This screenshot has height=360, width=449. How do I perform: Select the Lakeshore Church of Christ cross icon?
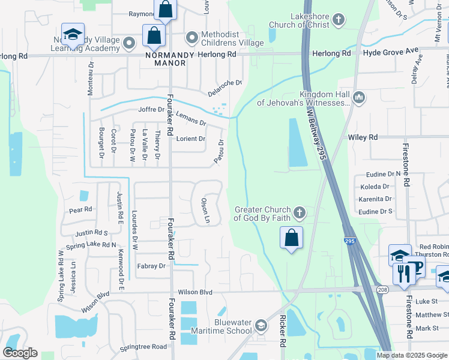click(x=339, y=20)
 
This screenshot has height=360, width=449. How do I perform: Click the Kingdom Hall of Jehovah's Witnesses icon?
click(x=359, y=97)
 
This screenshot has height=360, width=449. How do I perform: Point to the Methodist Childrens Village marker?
click(x=192, y=38)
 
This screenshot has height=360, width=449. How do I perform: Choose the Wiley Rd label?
click(x=363, y=137)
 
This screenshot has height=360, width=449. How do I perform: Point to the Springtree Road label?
click(x=143, y=347)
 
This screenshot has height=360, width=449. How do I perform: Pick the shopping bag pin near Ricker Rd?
click(x=291, y=238)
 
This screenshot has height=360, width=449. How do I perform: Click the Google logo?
click(x=20, y=353)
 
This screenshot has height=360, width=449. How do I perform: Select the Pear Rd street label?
click(x=80, y=210)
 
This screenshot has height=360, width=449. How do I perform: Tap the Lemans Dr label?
click(x=191, y=118)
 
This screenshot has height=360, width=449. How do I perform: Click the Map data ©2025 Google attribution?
click(x=412, y=355)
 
